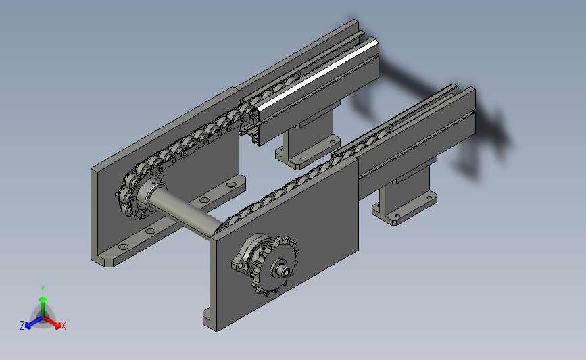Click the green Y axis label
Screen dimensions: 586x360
(42, 290)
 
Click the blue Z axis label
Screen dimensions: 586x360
(22, 326)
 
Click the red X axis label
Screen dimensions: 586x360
(63, 326)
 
